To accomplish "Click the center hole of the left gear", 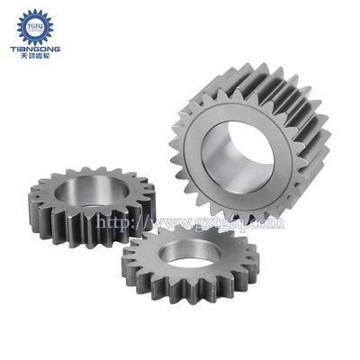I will (x=90, y=196).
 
